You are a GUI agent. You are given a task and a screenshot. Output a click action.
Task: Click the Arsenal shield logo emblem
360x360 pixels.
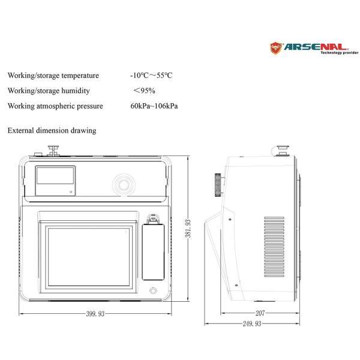pyautogui.click(x=276, y=48)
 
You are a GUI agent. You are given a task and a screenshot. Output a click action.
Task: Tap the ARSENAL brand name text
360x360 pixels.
pyautogui.click(x=316, y=47)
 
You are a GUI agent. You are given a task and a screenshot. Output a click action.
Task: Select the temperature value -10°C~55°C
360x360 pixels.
pyautogui.click(x=151, y=76)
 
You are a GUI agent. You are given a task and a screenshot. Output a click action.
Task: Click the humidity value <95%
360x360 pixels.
pyautogui.click(x=144, y=91)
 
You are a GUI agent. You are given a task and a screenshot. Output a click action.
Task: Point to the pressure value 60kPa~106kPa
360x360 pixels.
pyautogui.click(x=154, y=106)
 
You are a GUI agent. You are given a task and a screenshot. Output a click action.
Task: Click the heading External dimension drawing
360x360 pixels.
pyautogui.click(x=52, y=130)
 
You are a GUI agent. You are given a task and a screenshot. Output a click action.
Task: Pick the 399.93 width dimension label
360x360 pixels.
pyautogui.click(x=95, y=314)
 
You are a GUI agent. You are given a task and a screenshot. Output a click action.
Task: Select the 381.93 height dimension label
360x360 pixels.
pyautogui.click(x=188, y=229)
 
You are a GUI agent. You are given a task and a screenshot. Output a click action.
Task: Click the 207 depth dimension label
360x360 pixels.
pyautogui.click(x=260, y=313)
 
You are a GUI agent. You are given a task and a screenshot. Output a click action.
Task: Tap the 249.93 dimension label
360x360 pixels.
pyautogui.click(x=252, y=323)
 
